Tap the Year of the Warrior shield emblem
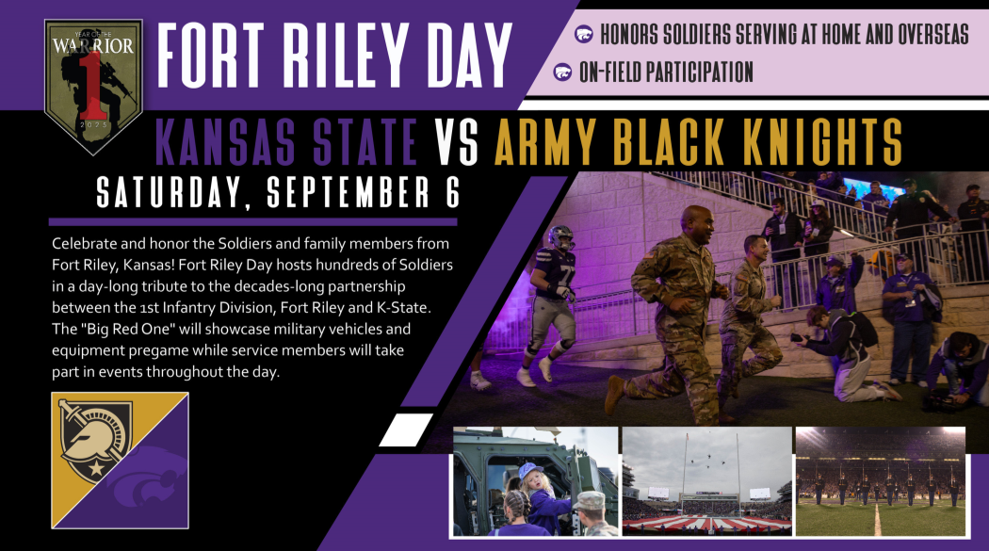[x=93, y=87]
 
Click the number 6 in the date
[x=452, y=192]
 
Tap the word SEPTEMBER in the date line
[x=348, y=192]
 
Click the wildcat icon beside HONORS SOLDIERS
[x=583, y=35]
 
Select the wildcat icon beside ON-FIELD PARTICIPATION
[x=562, y=72]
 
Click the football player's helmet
[x=561, y=237]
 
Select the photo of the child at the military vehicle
[x=535, y=481]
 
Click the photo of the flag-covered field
[x=706, y=481]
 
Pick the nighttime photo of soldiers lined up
[x=881, y=481]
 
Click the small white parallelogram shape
[x=406, y=429]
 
